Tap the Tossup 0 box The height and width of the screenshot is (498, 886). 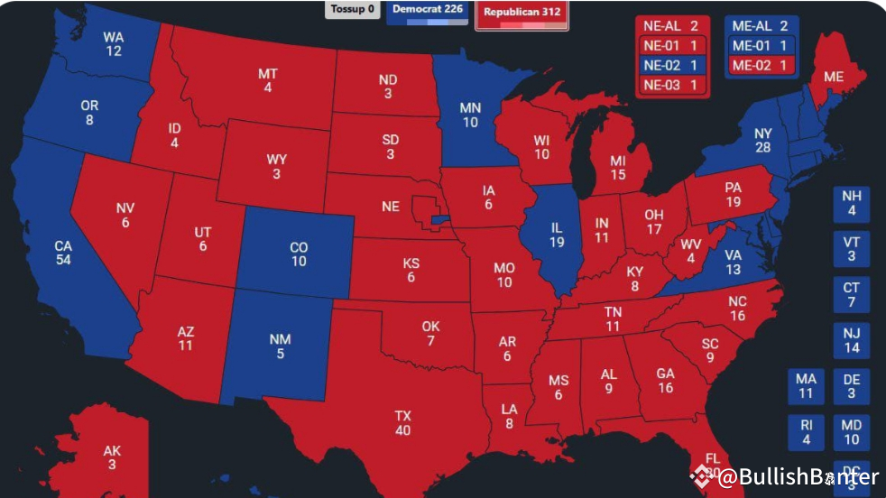(352, 9)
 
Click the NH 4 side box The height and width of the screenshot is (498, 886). (851, 204)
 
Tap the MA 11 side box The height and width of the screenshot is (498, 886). (806, 386)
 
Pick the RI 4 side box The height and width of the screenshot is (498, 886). (806, 432)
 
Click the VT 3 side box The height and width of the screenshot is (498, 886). (851, 249)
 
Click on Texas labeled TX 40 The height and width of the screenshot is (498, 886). (402, 423)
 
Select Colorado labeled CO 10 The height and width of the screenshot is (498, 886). (299, 254)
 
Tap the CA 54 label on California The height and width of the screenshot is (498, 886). (63, 253)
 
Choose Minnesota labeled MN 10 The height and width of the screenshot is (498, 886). (470, 115)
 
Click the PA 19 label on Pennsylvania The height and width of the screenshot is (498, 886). (733, 195)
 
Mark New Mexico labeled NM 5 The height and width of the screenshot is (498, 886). (280, 346)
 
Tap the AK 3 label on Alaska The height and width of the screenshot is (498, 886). (112, 457)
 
